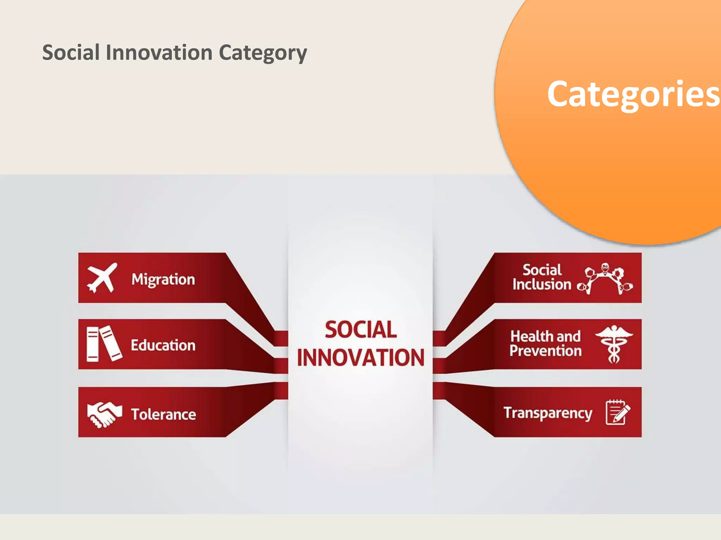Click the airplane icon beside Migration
point(101,278)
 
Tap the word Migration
point(163,279)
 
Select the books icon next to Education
point(104,343)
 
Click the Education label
point(163,345)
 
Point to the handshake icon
point(104,414)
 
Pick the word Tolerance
point(163,414)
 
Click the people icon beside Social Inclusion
point(605,279)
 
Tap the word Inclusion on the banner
point(541,284)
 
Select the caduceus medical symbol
point(614,344)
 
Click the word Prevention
point(545,351)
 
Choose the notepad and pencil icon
point(617,412)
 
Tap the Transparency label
point(548,413)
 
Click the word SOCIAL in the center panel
point(360,330)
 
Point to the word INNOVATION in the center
point(360,358)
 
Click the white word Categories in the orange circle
point(633,94)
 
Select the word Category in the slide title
point(263,53)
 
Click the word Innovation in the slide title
point(159,53)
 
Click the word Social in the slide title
point(71,53)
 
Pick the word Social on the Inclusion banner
point(542,270)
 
